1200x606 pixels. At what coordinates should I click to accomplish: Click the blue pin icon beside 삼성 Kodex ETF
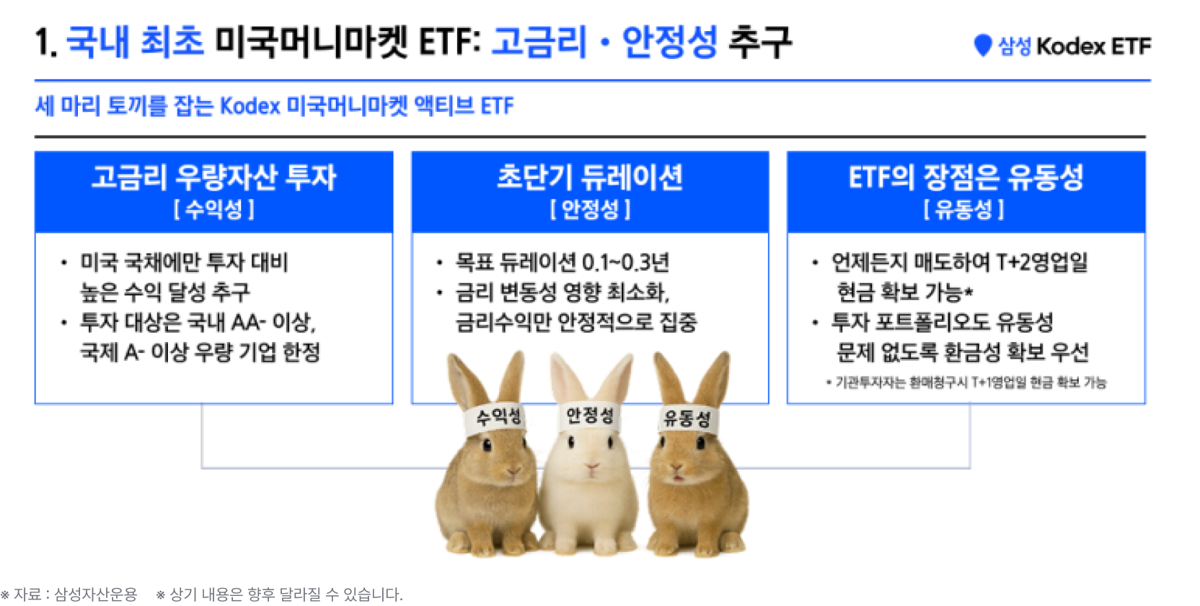pyautogui.click(x=982, y=45)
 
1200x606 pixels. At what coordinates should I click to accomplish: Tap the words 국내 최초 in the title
pyautogui.click(x=135, y=41)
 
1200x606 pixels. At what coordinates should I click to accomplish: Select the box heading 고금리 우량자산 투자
pyautogui.click(x=213, y=177)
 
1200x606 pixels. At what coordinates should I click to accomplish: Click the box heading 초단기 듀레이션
pyautogui.click(x=590, y=177)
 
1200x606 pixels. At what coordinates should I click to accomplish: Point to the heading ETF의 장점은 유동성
pyautogui.click(x=966, y=177)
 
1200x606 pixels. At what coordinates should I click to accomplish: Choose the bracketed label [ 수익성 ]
pyautogui.click(x=213, y=209)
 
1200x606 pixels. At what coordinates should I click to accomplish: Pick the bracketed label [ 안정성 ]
pyautogui.click(x=590, y=209)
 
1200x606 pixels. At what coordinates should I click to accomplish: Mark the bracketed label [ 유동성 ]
pyautogui.click(x=963, y=209)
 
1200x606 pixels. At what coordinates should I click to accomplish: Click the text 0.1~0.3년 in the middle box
pyautogui.click(x=626, y=263)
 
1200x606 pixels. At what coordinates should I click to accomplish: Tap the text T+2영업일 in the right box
pyautogui.click(x=1042, y=263)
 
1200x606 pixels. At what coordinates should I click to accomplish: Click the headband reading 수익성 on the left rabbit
pyautogui.click(x=497, y=418)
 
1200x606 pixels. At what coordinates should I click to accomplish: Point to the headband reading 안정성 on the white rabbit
pyautogui.click(x=589, y=416)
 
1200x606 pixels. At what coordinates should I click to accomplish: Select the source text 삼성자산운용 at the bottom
pyautogui.click(x=96, y=594)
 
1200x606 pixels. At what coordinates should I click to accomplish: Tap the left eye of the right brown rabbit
pyautogui.click(x=663, y=442)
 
